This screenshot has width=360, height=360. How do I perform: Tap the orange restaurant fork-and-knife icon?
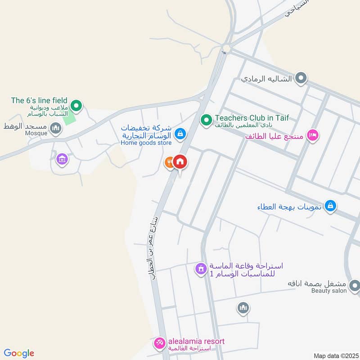[169, 162]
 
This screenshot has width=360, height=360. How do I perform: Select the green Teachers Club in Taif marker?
[206, 120]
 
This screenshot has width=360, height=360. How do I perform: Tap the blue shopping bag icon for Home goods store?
[180, 133]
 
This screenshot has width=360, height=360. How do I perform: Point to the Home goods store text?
[146, 143]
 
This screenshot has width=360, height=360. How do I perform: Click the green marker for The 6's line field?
[76, 106]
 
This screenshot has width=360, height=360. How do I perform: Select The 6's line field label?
[39, 100]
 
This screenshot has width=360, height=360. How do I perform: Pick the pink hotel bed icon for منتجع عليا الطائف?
[312, 135]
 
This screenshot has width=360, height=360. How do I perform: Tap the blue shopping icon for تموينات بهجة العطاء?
[330, 206]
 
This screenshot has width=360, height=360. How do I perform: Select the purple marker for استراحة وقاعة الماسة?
[200, 269]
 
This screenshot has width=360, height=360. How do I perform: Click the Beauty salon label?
[329, 291]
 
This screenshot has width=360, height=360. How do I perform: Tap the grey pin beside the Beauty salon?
[355, 285]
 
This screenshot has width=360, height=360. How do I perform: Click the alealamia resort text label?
[196, 342]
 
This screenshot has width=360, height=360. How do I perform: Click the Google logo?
[19, 354]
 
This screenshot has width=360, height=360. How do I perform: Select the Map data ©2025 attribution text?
[335, 356]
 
